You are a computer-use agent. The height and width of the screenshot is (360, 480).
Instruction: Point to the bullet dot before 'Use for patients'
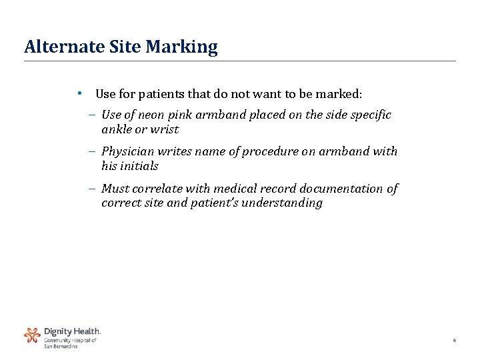pos(79,93)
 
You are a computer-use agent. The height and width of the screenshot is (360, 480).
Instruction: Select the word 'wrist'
pos(166,129)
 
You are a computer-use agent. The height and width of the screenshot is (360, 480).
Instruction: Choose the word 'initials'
pos(139,166)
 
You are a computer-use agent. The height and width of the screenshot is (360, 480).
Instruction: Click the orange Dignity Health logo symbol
pos(32,335)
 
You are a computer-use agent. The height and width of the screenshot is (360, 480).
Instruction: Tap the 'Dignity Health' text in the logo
pos(72,331)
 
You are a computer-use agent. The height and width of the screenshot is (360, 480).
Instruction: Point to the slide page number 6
pos(454,341)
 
